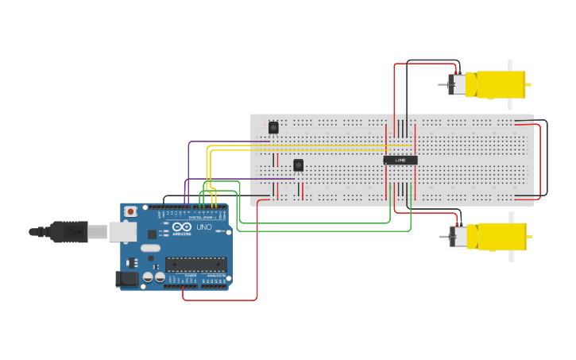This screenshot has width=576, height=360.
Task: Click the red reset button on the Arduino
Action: pyautogui.click(x=130, y=212)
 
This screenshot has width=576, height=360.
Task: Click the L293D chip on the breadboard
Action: pyautogui.click(x=400, y=161)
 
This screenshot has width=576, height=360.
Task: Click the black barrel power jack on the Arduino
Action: pyautogui.click(x=126, y=279)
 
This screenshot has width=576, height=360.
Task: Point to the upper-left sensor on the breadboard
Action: pyautogui.click(x=273, y=127)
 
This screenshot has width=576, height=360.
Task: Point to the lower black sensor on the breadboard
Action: pyautogui.click(x=298, y=165)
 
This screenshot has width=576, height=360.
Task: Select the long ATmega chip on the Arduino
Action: pyautogui.click(x=196, y=265)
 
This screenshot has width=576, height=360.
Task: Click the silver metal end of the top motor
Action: pyautogui.click(x=456, y=84)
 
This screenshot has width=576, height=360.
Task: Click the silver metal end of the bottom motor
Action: pyautogui.click(x=457, y=237)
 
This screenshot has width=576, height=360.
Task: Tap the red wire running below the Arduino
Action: pyautogui.click(x=220, y=300)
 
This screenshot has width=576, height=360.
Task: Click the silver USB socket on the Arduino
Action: pyautogui.click(x=123, y=231)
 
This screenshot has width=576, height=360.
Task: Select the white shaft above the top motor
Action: pyautogui.click(x=510, y=64)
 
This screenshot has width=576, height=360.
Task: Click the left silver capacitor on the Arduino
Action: pyautogui.click(x=147, y=277)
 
